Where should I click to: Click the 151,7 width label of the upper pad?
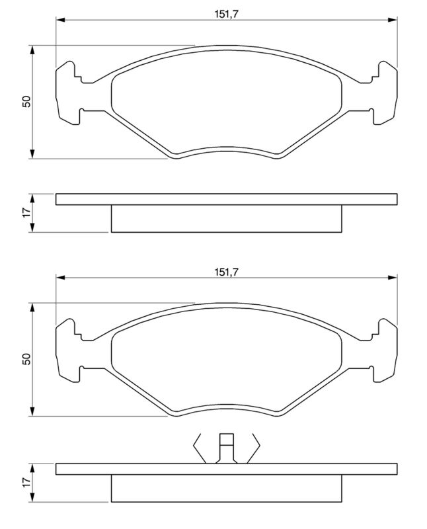click(x=225, y=13)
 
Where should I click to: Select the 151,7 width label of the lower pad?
click(x=225, y=270)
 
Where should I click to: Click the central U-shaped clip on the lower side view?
click(x=226, y=448)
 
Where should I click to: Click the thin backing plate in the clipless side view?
click(x=226, y=199)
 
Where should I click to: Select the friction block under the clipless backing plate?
click(x=226, y=219)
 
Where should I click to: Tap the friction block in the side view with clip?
click(x=226, y=489)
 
